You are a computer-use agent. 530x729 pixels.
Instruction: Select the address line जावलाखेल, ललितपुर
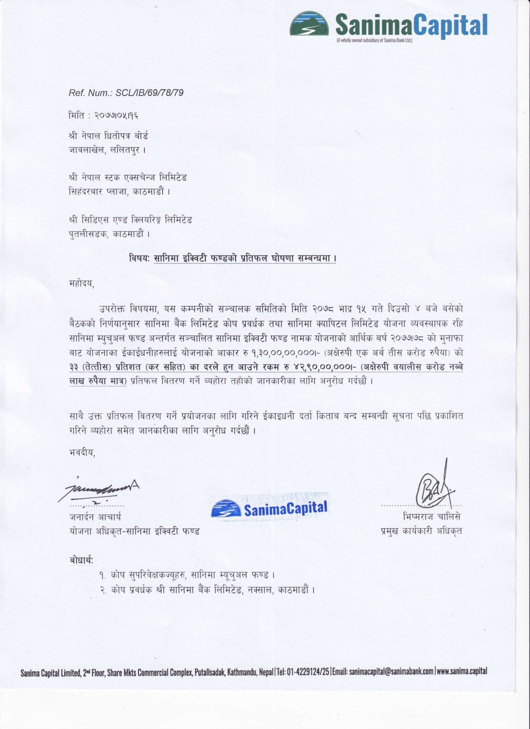click(x=107, y=150)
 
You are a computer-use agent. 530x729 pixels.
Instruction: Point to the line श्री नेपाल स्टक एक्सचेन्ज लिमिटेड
click(x=128, y=177)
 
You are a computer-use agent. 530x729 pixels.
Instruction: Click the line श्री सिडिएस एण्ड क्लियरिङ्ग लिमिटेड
click(x=130, y=220)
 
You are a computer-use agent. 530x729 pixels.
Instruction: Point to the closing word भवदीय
click(x=82, y=452)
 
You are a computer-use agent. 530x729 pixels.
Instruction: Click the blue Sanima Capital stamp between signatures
click(x=270, y=508)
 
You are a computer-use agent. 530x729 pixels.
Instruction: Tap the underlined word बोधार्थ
click(x=81, y=561)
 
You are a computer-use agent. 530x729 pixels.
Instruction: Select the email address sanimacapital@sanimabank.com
click(x=391, y=672)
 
